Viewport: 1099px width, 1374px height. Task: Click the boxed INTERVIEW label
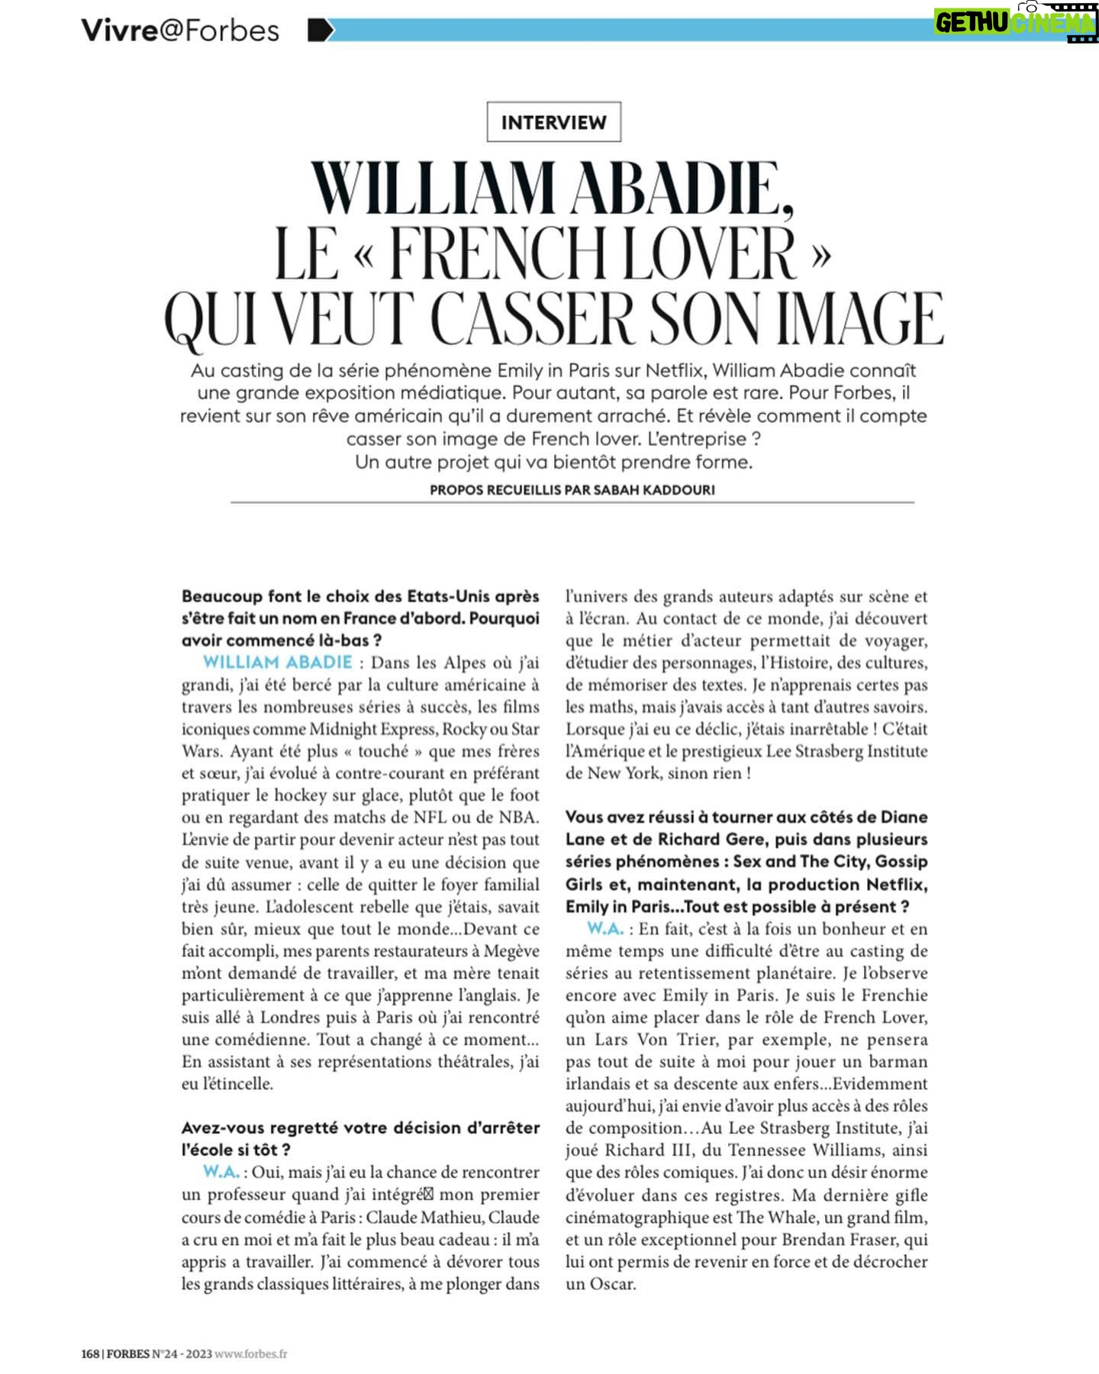(553, 122)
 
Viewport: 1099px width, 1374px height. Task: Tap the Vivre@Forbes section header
(180, 31)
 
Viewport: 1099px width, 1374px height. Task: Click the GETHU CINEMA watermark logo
(1015, 22)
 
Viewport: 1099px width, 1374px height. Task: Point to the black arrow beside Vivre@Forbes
(320, 31)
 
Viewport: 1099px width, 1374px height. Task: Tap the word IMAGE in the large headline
(859, 319)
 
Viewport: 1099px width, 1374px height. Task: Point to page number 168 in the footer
(90, 1353)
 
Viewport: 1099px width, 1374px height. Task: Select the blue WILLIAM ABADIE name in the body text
(278, 663)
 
